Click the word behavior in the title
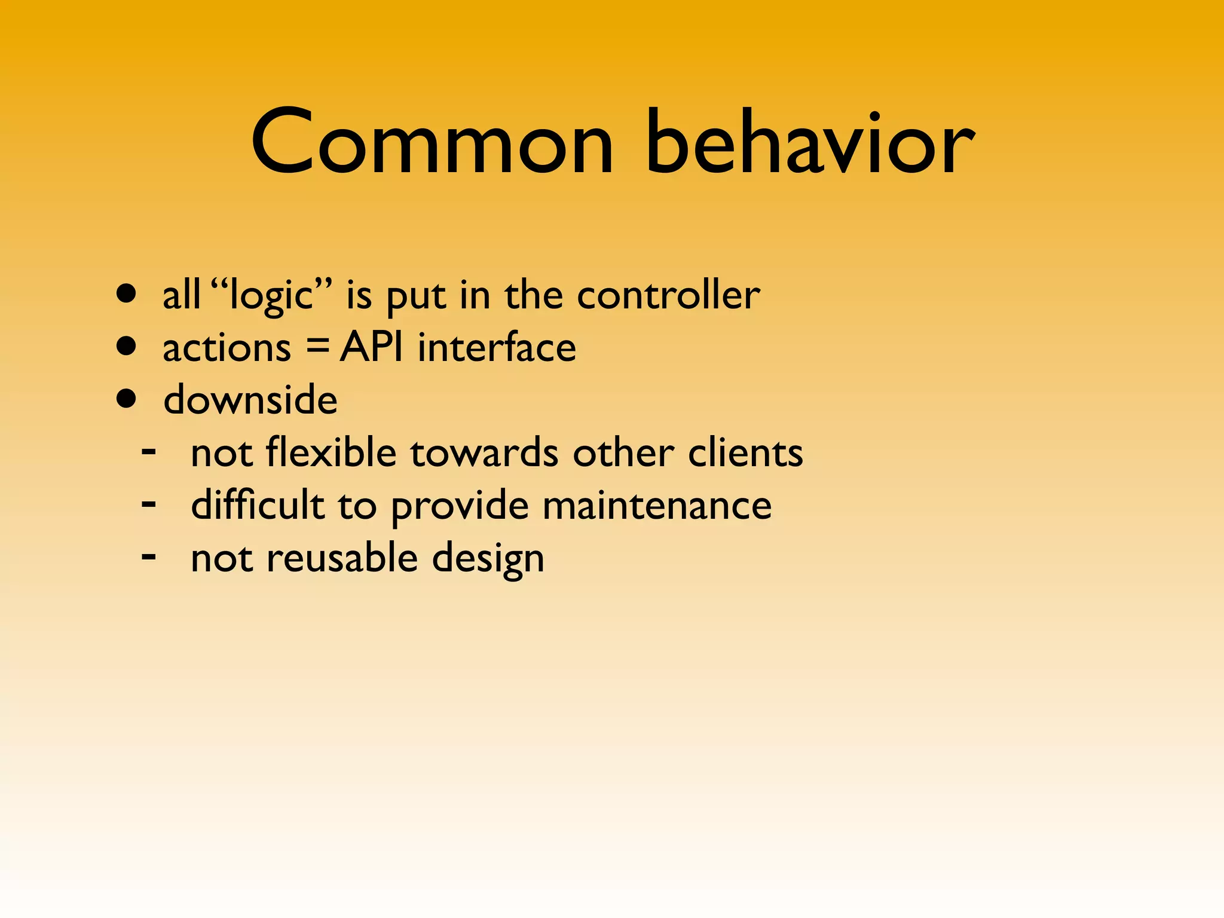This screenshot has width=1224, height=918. pos(810,143)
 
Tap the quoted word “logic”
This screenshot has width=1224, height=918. pos(272,295)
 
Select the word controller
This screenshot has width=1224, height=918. pos(668,295)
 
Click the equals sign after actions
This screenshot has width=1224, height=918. pos(317,347)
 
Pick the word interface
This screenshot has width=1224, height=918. pos(497,347)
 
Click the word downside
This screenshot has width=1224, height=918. pos(250,400)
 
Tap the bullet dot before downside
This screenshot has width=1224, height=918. pos(127,399)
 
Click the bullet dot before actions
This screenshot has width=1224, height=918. pos(127,346)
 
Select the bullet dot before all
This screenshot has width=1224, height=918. pos(127,294)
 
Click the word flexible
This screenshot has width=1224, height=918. pos(331,452)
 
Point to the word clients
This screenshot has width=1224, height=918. pos(745,452)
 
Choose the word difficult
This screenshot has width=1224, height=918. pos(258,504)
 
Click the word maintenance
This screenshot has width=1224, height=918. pos(657,506)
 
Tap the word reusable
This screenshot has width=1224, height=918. pos(342,558)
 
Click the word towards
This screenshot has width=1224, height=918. pos(484,452)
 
